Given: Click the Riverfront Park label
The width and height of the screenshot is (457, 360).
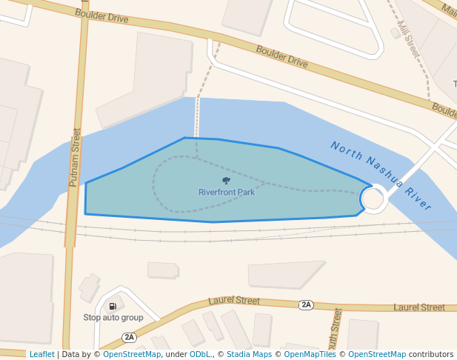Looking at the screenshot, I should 227,193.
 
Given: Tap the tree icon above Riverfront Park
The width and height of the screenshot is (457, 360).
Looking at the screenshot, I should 226,180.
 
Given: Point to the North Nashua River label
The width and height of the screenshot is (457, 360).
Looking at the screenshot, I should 381,176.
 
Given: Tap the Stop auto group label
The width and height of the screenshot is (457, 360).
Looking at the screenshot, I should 113,318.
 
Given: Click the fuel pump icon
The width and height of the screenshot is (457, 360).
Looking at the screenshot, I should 113,306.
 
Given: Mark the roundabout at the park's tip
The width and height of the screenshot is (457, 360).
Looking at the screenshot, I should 373,199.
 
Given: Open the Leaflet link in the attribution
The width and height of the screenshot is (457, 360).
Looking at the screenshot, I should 41,355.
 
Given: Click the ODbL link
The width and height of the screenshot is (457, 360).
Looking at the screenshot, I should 200,355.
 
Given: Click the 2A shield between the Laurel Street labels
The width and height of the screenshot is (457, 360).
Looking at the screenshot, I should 306,304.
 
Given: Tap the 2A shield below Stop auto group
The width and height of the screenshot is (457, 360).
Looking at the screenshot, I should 130,338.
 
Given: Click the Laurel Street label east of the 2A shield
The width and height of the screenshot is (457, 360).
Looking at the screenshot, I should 419,307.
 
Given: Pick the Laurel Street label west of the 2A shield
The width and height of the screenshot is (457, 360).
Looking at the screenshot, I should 234,301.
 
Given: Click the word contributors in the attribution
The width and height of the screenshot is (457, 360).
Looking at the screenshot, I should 431,355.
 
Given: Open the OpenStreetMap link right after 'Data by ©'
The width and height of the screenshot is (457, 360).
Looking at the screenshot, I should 132,355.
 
